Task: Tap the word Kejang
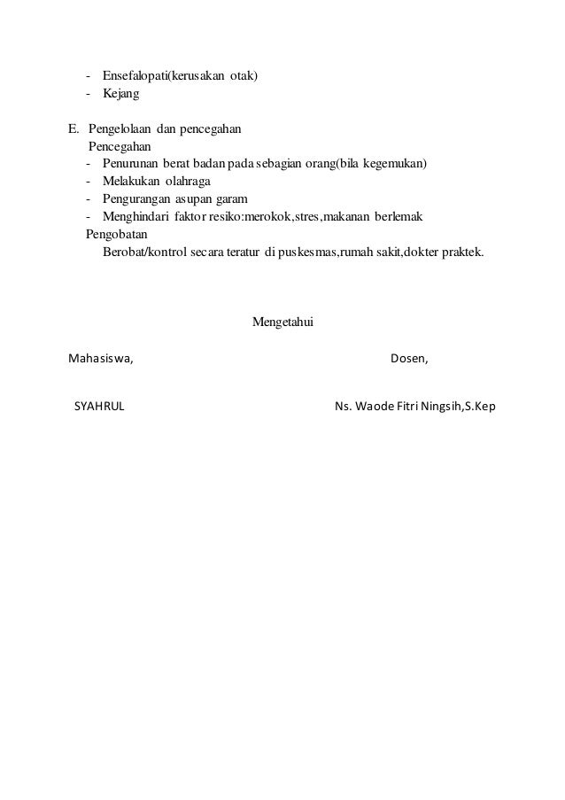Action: (120, 93)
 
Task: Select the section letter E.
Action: (74, 128)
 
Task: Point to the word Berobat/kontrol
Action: (145, 252)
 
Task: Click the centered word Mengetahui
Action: (283, 322)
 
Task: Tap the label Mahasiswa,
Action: (101, 359)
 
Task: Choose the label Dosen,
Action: (409, 359)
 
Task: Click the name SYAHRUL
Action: (98, 407)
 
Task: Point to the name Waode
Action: (373, 407)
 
